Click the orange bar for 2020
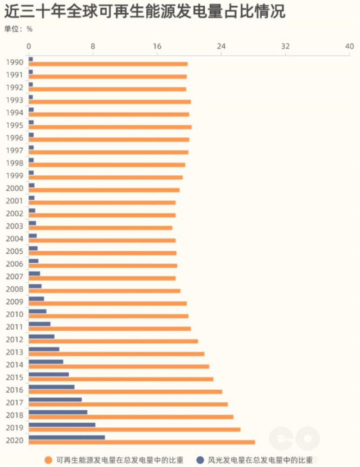click(x=142, y=442)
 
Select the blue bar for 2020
click(x=67, y=437)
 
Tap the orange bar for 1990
click(x=108, y=64)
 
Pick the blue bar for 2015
click(x=49, y=374)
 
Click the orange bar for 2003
click(x=100, y=228)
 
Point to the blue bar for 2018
click(x=58, y=412)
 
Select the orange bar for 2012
click(x=113, y=341)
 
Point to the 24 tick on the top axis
click(x=221, y=46)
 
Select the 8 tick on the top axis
click(x=93, y=46)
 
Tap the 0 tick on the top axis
click(x=29, y=46)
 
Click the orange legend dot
click(x=48, y=460)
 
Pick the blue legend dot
click(x=200, y=460)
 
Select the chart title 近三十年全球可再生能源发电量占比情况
click(x=144, y=12)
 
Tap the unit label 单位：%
click(x=18, y=29)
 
